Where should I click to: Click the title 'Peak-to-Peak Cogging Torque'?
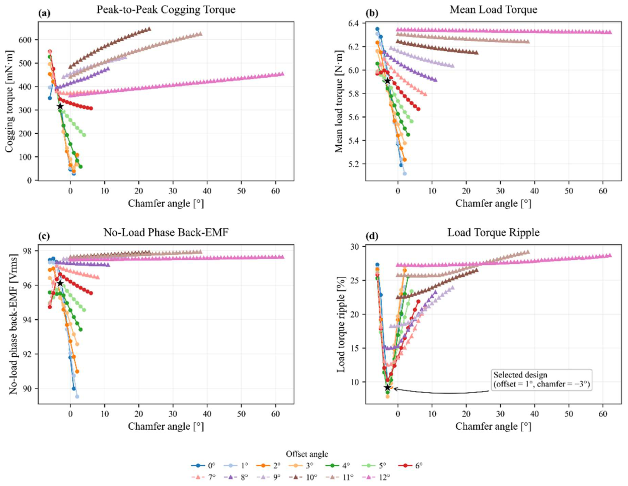click(166, 10)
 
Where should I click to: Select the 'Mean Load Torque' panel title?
click(493, 10)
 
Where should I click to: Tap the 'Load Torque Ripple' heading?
click(493, 232)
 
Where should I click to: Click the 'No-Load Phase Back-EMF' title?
click(166, 232)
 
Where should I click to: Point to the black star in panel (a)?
click(60, 107)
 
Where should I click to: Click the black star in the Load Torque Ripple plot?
click(387, 387)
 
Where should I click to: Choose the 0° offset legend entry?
click(203, 465)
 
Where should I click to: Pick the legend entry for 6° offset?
click(411, 465)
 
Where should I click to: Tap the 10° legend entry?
click(303, 477)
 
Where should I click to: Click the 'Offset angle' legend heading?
click(307, 454)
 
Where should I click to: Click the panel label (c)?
click(44, 236)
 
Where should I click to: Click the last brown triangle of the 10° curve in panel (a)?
click(149, 29)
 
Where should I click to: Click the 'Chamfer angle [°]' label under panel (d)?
click(493, 426)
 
